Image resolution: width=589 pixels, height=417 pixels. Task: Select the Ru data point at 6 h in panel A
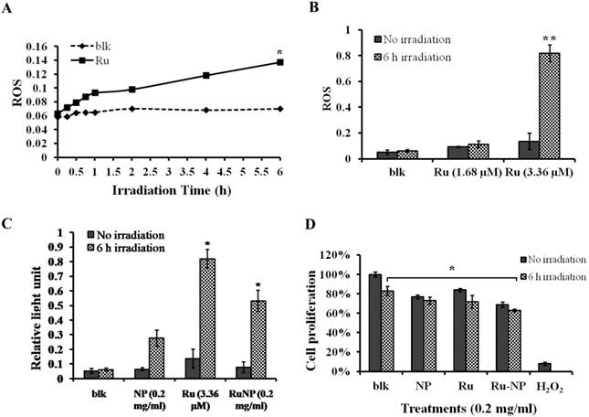click(x=280, y=62)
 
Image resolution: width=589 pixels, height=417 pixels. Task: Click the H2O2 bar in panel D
click(x=543, y=368)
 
